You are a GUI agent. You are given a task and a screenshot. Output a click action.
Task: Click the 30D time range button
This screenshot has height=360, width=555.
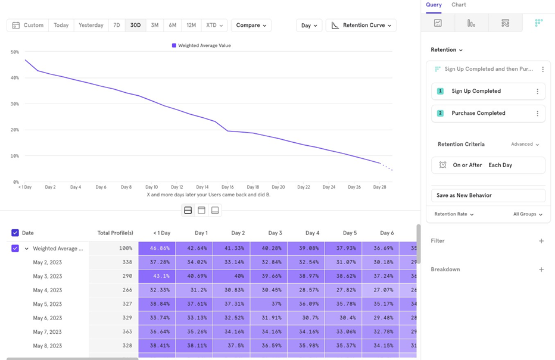(x=135, y=26)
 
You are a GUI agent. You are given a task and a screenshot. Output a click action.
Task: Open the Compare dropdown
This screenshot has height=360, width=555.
(x=251, y=26)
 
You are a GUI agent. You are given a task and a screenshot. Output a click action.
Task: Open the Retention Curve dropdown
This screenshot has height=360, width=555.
(x=361, y=26)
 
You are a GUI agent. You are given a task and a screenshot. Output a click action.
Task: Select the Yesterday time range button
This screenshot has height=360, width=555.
(x=91, y=26)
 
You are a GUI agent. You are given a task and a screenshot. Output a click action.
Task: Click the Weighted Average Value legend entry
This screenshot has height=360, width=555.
(x=201, y=45)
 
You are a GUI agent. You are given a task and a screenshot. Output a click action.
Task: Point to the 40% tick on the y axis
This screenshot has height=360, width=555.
(x=14, y=78)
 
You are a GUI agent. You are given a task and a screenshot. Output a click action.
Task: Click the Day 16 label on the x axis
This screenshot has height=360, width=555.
(x=227, y=187)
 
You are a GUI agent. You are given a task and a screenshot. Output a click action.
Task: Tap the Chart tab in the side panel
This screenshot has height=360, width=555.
(x=459, y=5)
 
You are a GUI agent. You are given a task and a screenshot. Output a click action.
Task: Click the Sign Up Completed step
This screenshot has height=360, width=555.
(x=476, y=91)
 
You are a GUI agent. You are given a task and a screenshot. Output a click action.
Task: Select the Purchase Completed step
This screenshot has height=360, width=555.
(x=478, y=113)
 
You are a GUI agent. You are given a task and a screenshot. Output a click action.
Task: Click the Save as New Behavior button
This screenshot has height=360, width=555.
(x=488, y=195)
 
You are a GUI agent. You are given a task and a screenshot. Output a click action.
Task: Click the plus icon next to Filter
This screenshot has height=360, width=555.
(x=541, y=241)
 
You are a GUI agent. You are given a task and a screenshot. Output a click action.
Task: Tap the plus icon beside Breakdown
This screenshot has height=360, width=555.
(x=541, y=270)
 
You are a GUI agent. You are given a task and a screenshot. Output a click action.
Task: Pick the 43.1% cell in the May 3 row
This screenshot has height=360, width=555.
(x=157, y=276)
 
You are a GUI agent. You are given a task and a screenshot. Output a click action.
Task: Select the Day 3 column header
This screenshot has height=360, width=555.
(x=275, y=233)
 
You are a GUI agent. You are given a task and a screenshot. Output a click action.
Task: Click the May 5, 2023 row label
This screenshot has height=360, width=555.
(x=47, y=304)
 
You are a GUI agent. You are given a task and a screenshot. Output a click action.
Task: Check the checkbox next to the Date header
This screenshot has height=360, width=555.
(x=15, y=233)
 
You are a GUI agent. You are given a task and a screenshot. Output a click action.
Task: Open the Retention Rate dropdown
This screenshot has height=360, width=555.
(x=454, y=214)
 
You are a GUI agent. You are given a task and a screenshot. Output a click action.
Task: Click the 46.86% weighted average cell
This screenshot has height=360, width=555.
(x=157, y=249)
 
